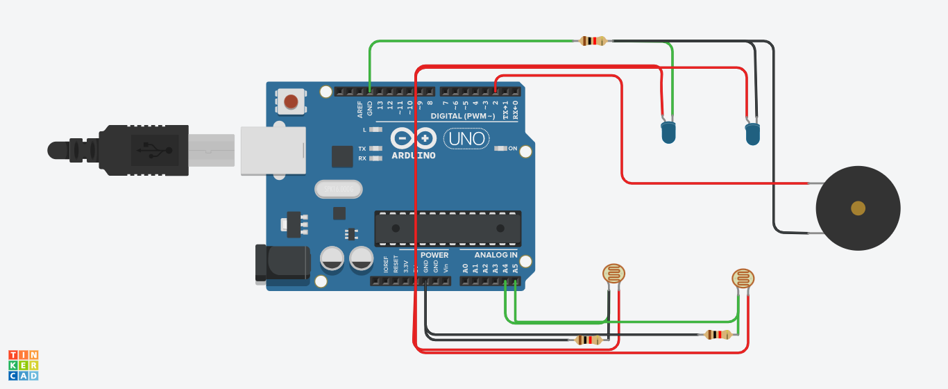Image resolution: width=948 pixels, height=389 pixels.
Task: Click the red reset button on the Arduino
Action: click(292, 102)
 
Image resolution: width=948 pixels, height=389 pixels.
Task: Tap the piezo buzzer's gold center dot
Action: click(858, 208)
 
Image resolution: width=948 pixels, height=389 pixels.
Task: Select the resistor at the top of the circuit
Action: click(592, 41)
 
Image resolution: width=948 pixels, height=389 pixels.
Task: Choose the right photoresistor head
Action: click(743, 279)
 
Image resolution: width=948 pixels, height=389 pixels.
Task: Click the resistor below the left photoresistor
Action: click(589, 340)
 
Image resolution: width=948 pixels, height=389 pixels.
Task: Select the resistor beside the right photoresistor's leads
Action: click(718, 335)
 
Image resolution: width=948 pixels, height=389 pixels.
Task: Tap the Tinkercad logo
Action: click(23, 365)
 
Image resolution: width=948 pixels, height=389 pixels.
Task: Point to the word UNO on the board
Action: click(467, 139)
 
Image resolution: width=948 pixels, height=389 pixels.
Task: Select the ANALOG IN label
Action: click(496, 255)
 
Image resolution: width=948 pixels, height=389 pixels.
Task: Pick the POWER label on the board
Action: click(434, 255)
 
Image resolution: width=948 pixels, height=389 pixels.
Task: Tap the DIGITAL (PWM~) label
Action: click(462, 115)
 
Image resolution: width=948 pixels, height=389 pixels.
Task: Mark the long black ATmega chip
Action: click(448, 228)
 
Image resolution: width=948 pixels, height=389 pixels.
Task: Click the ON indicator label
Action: click(513, 149)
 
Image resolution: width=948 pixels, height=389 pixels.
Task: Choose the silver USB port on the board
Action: click(273, 150)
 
